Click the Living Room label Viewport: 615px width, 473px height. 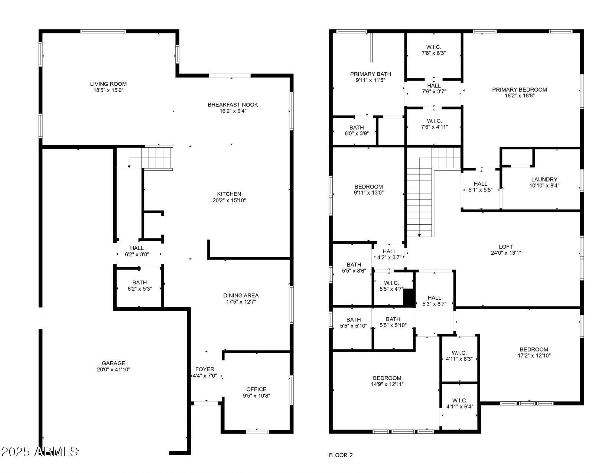(x=108, y=84)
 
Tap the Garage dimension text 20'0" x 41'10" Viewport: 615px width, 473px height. (x=113, y=369)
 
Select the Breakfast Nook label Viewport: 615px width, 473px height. (x=232, y=105)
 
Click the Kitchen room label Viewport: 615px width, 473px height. (x=229, y=194)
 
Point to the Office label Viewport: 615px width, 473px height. (x=256, y=389)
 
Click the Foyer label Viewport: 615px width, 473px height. (x=205, y=369)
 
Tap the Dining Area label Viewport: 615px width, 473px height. (x=241, y=295)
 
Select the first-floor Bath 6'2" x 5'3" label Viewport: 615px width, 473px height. (x=139, y=283)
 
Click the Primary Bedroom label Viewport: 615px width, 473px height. (x=519, y=89)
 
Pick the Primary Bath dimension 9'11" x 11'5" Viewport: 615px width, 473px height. (x=370, y=80)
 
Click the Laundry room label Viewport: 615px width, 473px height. (x=544, y=179)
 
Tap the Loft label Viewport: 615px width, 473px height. (x=505, y=247)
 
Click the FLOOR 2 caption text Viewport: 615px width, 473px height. (x=341, y=455)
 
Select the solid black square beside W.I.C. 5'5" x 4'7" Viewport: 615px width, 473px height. (x=409, y=298)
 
